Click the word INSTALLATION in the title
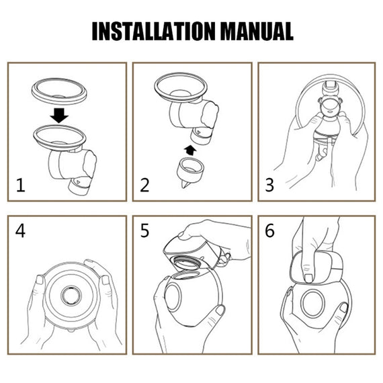click(154, 31)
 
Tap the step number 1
click(21, 185)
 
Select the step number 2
click(144, 185)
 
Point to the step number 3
click(269, 185)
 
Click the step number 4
click(20, 231)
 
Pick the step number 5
click(144, 231)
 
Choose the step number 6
click(269, 231)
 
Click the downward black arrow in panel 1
click(59, 116)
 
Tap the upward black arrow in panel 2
click(190, 151)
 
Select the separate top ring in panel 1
click(59, 91)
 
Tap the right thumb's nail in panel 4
click(105, 280)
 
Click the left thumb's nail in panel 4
click(40, 280)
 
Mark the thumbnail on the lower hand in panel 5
click(220, 310)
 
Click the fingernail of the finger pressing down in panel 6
click(308, 278)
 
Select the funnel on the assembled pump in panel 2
click(181, 88)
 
